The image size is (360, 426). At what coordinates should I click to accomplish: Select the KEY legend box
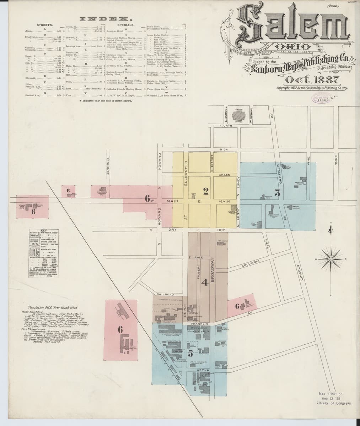tap(44, 253)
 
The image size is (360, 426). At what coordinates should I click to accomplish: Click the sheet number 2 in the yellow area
tap(205, 192)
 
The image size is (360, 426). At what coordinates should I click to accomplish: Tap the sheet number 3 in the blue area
tap(278, 193)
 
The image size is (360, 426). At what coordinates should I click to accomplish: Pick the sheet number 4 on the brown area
tap(204, 283)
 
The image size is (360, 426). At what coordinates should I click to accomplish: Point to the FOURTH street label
tap(226, 126)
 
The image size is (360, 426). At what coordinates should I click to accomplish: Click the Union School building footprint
tap(238, 115)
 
